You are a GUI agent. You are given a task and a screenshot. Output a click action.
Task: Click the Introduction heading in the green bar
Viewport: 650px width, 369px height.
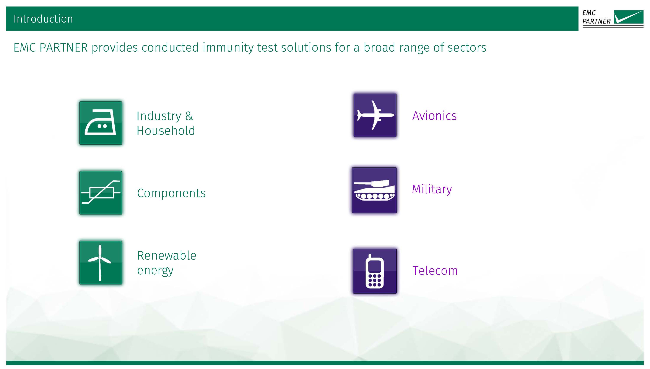pyautogui.click(x=43, y=19)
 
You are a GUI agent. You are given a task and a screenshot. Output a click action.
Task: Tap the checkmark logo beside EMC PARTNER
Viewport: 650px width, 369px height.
pyautogui.click(x=629, y=17)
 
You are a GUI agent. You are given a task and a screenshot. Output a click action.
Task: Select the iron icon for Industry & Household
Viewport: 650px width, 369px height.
pyautogui.click(x=101, y=123)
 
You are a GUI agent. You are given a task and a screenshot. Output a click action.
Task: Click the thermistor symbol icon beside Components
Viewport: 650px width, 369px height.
pyautogui.click(x=101, y=193)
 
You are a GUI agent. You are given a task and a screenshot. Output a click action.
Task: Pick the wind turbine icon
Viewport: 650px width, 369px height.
pyautogui.click(x=101, y=263)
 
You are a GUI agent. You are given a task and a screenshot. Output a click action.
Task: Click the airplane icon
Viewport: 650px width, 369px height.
pyautogui.click(x=375, y=115)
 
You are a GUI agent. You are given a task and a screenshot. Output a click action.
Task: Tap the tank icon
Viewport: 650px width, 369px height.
pyautogui.click(x=374, y=190)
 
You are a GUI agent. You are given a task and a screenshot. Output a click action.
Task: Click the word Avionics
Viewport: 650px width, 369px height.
pyautogui.click(x=435, y=116)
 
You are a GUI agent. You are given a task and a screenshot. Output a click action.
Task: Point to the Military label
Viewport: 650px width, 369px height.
pyautogui.click(x=432, y=189)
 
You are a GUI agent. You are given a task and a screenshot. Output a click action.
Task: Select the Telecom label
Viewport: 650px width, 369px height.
pyautogui.click(x=435, y=271)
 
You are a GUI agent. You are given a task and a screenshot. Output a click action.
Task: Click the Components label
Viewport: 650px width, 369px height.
pyautogui.click(x=171, y=193)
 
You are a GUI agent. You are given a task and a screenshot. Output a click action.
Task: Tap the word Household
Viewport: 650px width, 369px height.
pyautogui.click(x=166, y=131)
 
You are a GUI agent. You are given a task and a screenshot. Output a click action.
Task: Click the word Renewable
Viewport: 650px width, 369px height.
pyautogui.click(x=167, y=255)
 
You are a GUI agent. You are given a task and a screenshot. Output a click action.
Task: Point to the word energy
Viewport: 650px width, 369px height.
pyautogui.click(x=155, y=271)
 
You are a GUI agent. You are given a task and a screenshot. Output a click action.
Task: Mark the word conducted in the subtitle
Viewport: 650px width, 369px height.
pyautogui.click(x=170, y=47)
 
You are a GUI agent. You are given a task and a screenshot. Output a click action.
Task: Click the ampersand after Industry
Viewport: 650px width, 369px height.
pyautogui.click(x=189, y=116)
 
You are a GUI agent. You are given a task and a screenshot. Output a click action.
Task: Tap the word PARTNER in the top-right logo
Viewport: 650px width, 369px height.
pyautogui.click(x=596, y=21)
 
